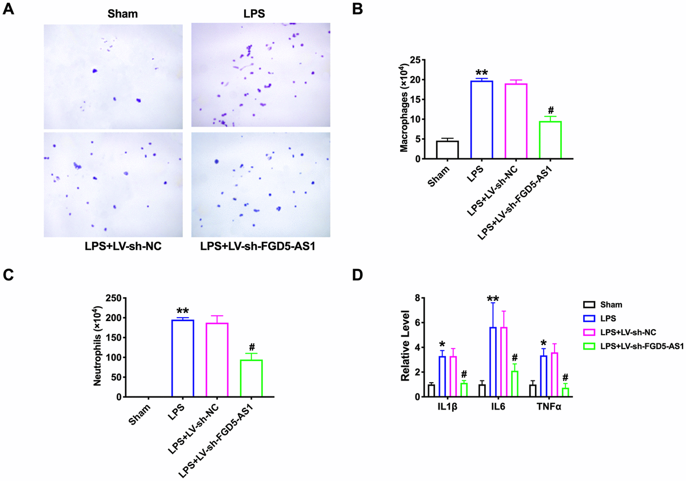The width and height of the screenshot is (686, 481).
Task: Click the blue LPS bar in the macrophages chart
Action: click(481, 120)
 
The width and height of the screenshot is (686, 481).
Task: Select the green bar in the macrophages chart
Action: click(551, 140)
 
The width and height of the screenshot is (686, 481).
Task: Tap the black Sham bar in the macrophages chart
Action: click(447, 150)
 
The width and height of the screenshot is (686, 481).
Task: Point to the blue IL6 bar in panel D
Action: click(493, 362)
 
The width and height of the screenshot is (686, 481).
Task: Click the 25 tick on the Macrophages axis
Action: click(422, 60)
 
